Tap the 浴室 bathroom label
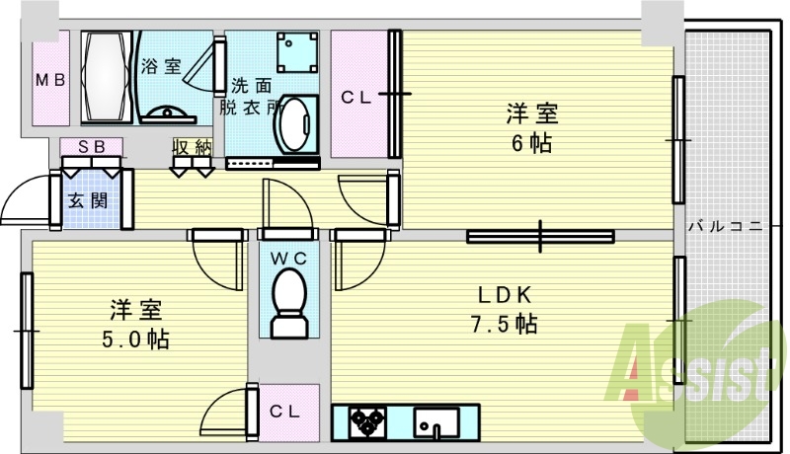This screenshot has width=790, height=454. tap(161, 67)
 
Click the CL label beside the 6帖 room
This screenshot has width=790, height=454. tap(356, 97)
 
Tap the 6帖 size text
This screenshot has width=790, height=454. tap(532, 143)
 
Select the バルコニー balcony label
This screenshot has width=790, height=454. tap(725, 226)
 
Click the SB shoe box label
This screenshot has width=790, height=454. tap(91, 147)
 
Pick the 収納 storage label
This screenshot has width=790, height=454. tap(192, 147)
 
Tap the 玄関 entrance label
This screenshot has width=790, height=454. tap(87, 198)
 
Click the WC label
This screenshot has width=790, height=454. tap(288, 258)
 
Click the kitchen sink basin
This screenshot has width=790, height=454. tap(435, 422)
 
